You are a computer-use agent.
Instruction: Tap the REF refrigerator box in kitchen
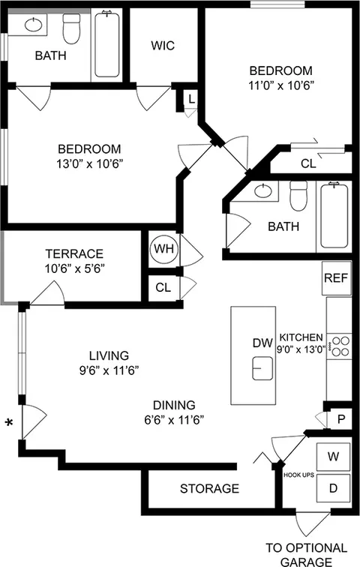(334, 277)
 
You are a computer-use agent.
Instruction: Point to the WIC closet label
(163, 46)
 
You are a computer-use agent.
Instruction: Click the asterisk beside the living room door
(9, 424)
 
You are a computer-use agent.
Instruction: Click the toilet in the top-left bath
(72, 30)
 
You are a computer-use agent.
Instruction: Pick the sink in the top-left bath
(33, 25)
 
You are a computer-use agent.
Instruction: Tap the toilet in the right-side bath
(299, 197)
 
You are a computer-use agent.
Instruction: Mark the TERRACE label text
(73, 253)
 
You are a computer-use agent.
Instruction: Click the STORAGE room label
(209, 489)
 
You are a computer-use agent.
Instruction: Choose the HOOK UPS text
(298, 474)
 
